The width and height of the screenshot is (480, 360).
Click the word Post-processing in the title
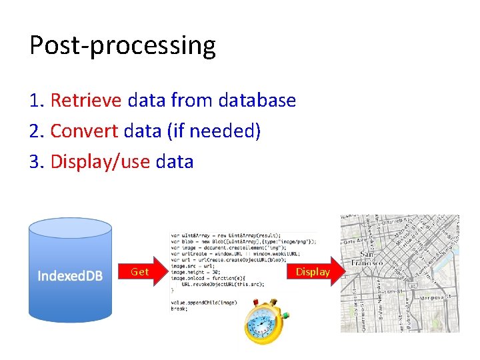(123, 46)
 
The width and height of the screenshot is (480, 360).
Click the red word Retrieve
(86, 101)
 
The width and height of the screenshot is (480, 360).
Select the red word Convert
(85, 131)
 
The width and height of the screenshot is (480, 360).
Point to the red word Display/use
(100, 161)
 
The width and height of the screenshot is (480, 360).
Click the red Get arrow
(141, 272)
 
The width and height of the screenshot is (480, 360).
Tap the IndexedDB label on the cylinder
(70, 275)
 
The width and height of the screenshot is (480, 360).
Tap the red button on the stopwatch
(256, 302)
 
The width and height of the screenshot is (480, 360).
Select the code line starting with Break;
(180, 308)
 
